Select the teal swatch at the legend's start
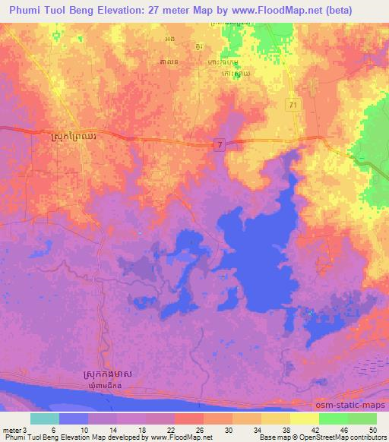45,418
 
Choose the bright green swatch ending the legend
362,418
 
